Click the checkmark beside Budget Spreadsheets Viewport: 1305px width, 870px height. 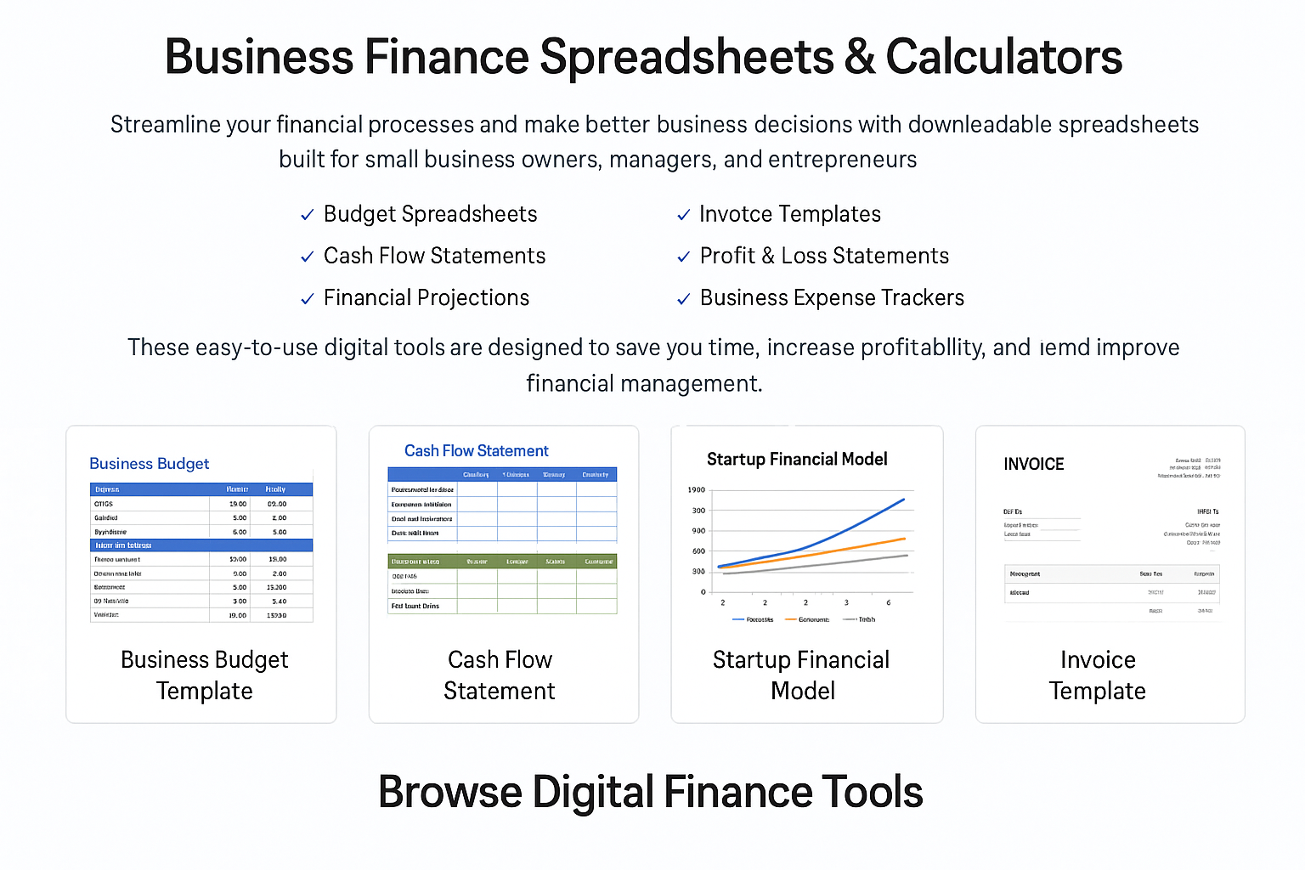pos(308,216)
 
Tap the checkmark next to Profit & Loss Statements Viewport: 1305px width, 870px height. pos(683,257)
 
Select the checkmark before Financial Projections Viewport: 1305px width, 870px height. pos(308,299)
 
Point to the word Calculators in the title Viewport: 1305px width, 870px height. pos(1004,58)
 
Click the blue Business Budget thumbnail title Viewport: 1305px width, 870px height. pos(149,464)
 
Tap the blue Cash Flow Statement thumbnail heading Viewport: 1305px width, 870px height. pos(476,451)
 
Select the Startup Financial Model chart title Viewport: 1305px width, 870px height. pos(797,460)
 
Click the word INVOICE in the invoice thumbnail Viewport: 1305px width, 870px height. pos(1033,464)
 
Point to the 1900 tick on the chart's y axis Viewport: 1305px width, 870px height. pos(696,490)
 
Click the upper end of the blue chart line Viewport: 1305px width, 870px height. pos(903,500)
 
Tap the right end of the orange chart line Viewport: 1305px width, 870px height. pos(905,538)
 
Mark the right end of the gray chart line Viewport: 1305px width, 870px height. pos(907,556)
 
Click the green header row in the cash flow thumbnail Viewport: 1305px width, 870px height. pos(502,562)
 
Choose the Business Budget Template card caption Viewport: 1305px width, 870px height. pos(205,675)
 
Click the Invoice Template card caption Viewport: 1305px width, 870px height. pos(1098,675)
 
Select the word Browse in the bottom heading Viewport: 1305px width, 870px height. pos(449,792)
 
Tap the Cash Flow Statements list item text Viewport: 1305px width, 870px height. pos(434,256)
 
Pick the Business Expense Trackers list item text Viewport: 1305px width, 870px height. pos(832,298)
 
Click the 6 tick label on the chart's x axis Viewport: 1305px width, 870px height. pos(889,602)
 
